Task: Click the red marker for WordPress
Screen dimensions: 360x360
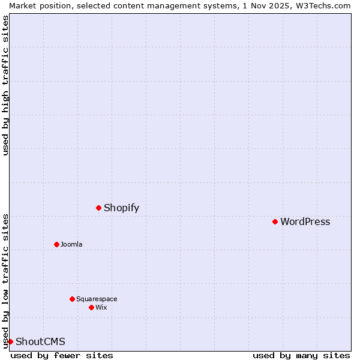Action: tap(275, 221)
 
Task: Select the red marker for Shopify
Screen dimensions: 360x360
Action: tap(98, 208)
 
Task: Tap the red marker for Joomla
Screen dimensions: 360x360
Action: tap(56, 244)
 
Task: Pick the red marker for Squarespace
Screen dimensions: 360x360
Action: tap(72, 299)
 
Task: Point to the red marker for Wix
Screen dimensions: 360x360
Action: tap(91, 307)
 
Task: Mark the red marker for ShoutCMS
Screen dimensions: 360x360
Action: tap(10, 341)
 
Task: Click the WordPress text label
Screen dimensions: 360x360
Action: tap(305, 222)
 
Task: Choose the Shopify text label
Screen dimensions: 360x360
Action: tap(121, 208)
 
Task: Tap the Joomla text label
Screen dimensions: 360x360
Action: tap(71, 244)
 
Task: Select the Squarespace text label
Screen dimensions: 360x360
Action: tap(97, 299)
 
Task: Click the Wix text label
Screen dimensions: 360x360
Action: tap(101, 307)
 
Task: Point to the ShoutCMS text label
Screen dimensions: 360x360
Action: tap(40, 342)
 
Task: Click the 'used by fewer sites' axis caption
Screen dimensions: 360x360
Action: tap(62, 355)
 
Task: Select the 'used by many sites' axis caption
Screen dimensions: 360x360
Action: tap(301, 355)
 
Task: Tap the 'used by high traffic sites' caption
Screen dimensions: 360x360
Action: tap(6, 85)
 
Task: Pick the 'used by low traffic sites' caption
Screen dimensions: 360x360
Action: tap(6, 281)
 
